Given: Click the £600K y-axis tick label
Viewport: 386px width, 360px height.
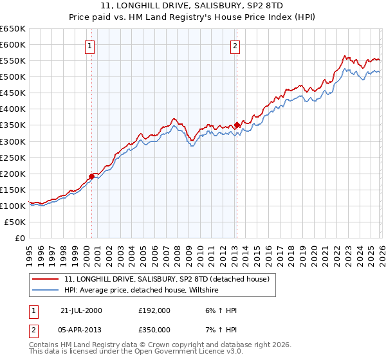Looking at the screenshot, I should click(13, 45).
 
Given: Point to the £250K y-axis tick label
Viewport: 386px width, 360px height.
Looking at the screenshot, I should click(13, 157).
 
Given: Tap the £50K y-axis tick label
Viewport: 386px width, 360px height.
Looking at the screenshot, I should click(15, 222).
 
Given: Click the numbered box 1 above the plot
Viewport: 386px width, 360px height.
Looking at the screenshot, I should click(89, 46).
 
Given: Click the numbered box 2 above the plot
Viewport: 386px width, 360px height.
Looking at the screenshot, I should click(235, 46).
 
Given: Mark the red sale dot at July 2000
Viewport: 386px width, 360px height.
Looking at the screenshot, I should click(92, 175).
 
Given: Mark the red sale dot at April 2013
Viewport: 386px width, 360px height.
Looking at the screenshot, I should click(237, 125).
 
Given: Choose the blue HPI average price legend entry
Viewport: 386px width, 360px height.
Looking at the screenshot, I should click(142, 290).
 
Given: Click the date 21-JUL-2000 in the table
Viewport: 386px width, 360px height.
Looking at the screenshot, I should click(81, 310).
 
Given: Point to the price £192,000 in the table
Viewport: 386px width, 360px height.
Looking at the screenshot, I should click(154, 310).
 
